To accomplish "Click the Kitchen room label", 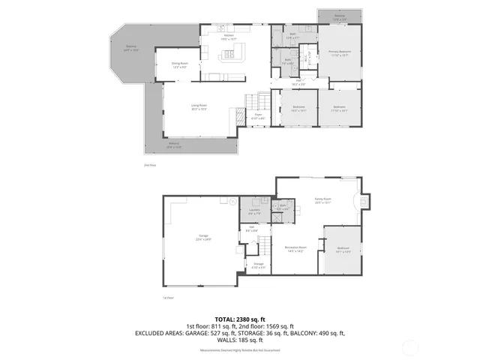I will tap(229, 35).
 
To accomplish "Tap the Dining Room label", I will tap(178, 64).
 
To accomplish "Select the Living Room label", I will tap(199, 106).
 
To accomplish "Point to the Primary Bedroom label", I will tap(340, 52).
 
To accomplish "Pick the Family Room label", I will tap(323, 200).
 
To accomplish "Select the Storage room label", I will tap(258, 265).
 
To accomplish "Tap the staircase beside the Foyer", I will tap(259, 100).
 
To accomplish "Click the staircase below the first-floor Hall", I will tap(264, 244).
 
